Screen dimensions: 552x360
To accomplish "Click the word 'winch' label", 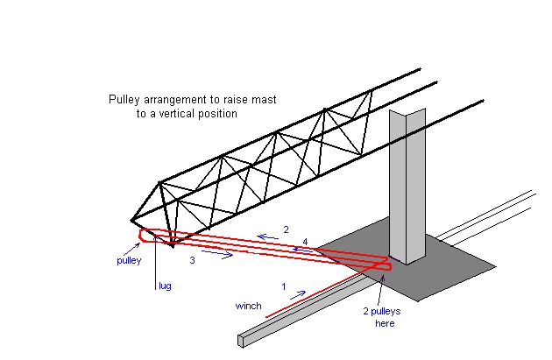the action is click(248, 306).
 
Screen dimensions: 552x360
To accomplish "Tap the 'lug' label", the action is click(165, 286).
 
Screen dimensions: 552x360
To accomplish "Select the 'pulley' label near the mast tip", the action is click(129, 260).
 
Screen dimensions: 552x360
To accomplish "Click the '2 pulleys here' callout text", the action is click(382, 317).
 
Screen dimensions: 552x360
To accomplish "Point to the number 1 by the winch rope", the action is click(284, 286).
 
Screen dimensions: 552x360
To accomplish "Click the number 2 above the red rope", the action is click(286, 229).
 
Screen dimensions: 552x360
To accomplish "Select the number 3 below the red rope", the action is click(192, 260).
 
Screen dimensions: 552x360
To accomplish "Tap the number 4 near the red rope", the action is click(305, 242).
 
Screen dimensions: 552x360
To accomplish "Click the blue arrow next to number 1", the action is click(298, 294).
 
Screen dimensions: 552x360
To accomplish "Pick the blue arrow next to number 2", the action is click(267, 237).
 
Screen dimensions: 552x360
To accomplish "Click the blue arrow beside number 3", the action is click(217, 254).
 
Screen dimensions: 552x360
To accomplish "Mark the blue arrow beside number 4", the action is click(303, 251).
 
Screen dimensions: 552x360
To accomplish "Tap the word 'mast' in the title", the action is click(264, 100).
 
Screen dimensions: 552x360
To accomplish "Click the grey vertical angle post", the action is click(407, 187).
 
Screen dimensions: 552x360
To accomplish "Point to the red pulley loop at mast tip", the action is click(142, 236).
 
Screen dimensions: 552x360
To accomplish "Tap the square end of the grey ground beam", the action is click(241, 341).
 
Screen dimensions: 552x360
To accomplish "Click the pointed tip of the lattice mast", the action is click(131, 221).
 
